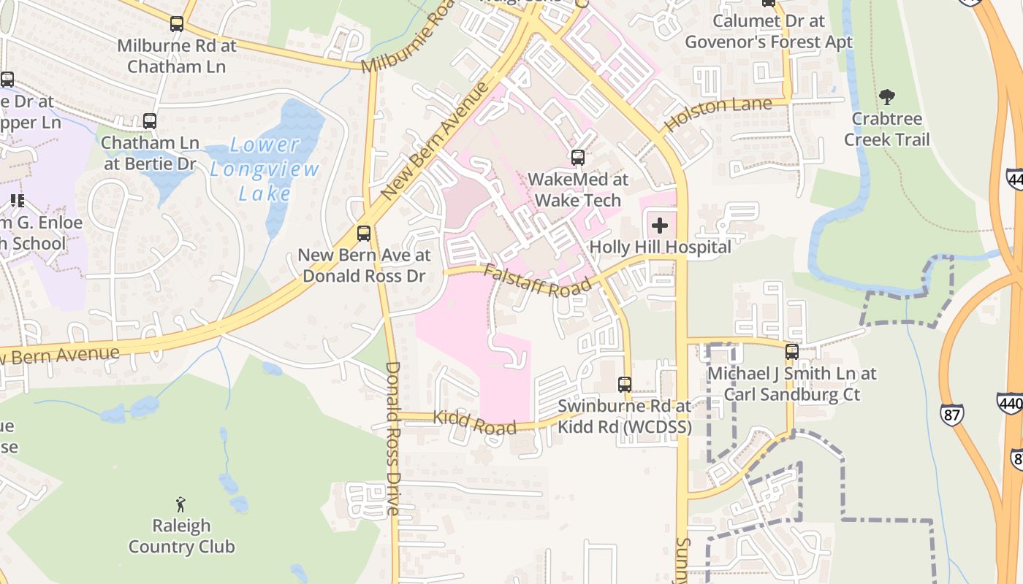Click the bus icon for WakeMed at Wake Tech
click(x=577, y=157)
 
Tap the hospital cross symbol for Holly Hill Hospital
click(x=659, y=225)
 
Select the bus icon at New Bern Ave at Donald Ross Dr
click(x=363, y=234)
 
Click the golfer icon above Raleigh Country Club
click(x=180, y=504)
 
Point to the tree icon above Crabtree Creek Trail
click(x=887, y=96)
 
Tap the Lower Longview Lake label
click(x=265, y=169)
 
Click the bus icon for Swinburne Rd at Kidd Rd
click(x=624, y=384)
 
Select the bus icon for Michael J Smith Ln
click(x=791, y=352)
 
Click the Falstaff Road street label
click(x=536, y=280)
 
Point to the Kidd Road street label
click(x=474, y=423)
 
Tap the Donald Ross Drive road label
click(x=392, y=438)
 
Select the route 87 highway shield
click(x=951, y=414)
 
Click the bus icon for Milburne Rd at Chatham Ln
click(x=177, y=24)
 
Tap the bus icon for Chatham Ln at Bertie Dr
click(x=150, y=121)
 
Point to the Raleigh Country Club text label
click(x=181, y=536)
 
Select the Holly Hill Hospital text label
click(x=660, y=247)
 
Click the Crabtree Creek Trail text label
click(x=887, y=128)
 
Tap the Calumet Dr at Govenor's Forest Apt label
click(x=768, y=31)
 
